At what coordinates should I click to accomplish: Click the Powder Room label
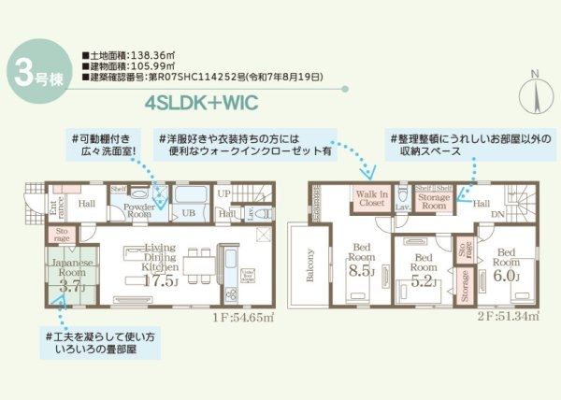pos(139,209)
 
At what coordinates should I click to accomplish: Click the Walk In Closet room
pos(370,198)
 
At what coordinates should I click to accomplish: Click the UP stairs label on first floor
pos(223,193)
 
